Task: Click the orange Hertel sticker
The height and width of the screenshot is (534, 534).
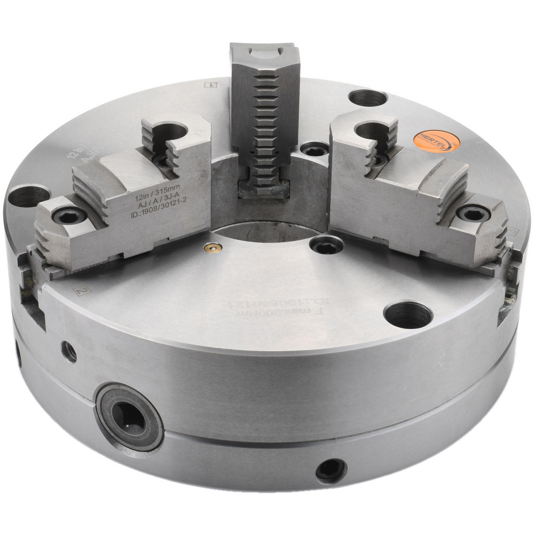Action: click(x=436, y=142)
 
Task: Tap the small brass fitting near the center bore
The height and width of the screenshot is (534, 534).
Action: click(x=214, y=248)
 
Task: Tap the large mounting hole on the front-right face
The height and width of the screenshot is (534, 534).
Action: click(x=408, y=315)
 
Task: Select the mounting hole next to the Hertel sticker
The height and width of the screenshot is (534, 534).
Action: click(x=367, y=98)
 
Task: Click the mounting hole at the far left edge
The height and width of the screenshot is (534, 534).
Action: click(x=29, y=195)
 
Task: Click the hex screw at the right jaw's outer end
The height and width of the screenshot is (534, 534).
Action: click(x=474, y=213)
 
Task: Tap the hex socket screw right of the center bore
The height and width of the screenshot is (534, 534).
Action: click(x=326, y=245)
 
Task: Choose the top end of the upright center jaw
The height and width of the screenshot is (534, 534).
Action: click(x=265, y=53)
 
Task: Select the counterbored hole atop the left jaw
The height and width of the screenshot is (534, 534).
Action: click(x=169, y=132)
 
